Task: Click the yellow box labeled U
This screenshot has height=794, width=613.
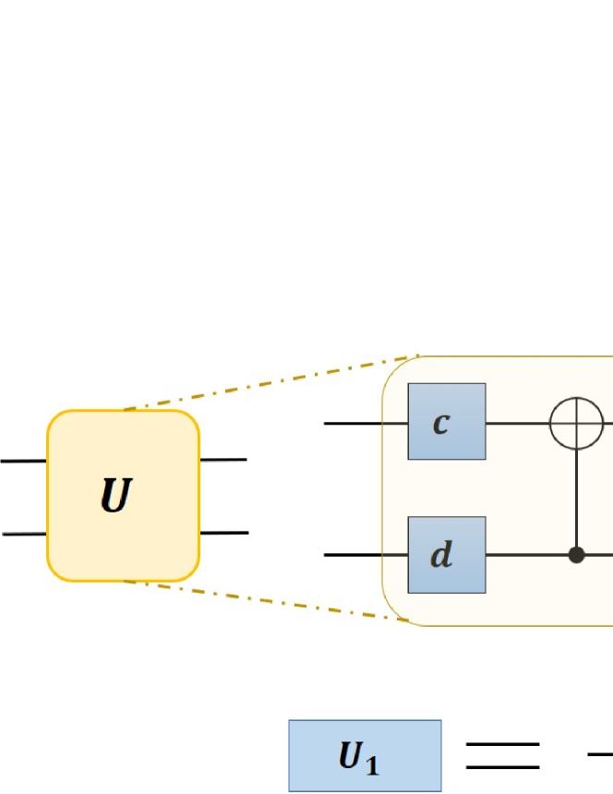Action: coord(123,495)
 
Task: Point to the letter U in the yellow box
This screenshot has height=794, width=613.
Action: coord(116,497)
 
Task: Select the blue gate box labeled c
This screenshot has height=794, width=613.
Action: coord(447,421)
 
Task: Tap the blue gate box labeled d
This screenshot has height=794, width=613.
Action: coord(447,555)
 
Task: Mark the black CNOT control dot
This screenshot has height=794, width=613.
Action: coord(578,555)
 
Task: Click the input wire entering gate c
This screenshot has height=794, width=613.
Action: coord(366,423)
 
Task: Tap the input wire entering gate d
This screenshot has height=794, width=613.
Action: coord(366,555)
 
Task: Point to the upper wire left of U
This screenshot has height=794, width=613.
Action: coord(23,459)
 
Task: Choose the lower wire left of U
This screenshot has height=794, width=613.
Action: coord(23,534)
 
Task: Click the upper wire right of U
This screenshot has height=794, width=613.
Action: coord(223,459)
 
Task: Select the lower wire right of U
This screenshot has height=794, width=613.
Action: coord(223,533)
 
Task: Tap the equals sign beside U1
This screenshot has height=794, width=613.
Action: coord(502,755)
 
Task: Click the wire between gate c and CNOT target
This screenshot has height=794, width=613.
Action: coord(517,423)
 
